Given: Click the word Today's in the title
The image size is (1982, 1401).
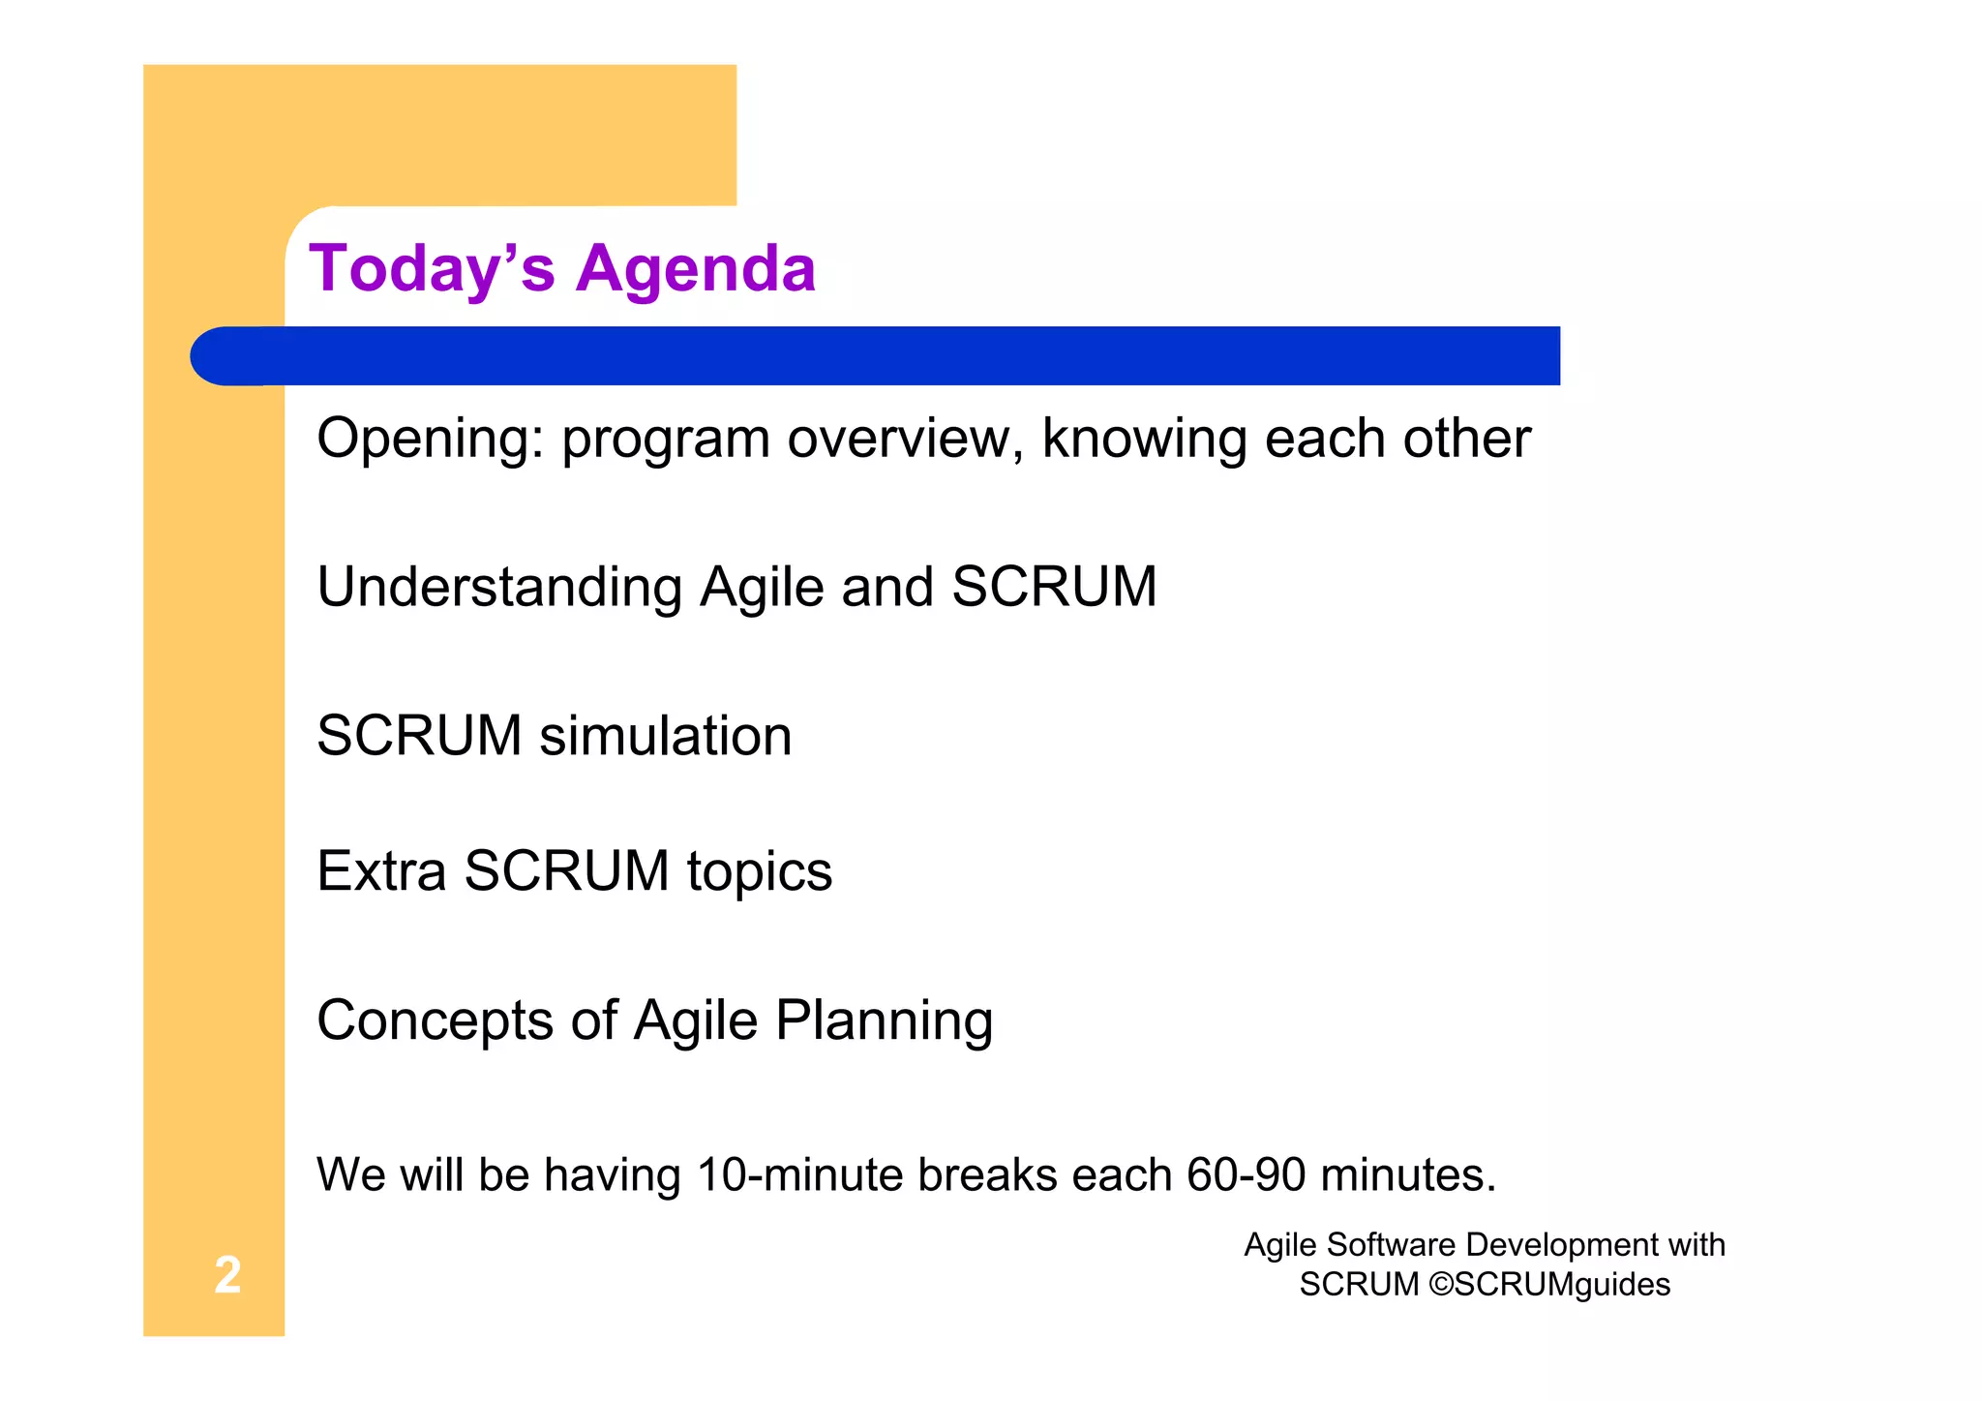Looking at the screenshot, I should coord(432,268).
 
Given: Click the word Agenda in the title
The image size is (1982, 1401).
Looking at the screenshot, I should coord(696,268).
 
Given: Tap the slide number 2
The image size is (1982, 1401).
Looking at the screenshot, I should coord(227,1274).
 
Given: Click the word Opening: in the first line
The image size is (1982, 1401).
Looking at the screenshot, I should coord(431,439).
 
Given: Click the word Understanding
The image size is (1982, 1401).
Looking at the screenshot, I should coord(499,587).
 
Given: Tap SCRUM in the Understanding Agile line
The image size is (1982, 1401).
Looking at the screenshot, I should coord(1054,587).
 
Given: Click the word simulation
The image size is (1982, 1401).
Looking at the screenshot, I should coord(665,736).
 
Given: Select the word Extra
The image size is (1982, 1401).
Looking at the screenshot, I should coord(381,870).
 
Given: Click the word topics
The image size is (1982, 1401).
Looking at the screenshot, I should coord(760,872).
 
